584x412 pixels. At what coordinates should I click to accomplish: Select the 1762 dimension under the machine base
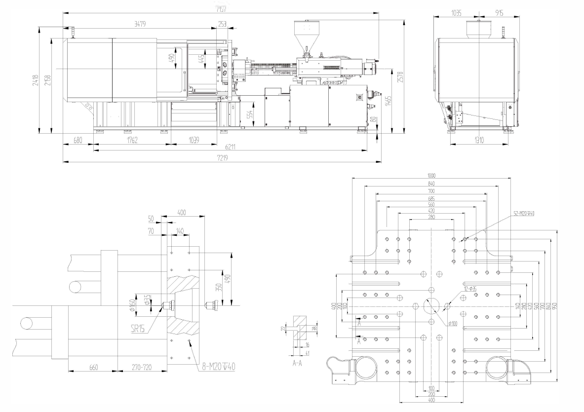[132, 141]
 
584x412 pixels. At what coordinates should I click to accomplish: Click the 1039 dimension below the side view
[194, 141]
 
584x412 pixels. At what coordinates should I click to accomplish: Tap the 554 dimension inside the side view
[250, 114]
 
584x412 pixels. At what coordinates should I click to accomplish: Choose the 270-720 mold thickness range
[142, 367]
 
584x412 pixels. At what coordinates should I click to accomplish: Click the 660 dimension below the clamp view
[92, 367]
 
